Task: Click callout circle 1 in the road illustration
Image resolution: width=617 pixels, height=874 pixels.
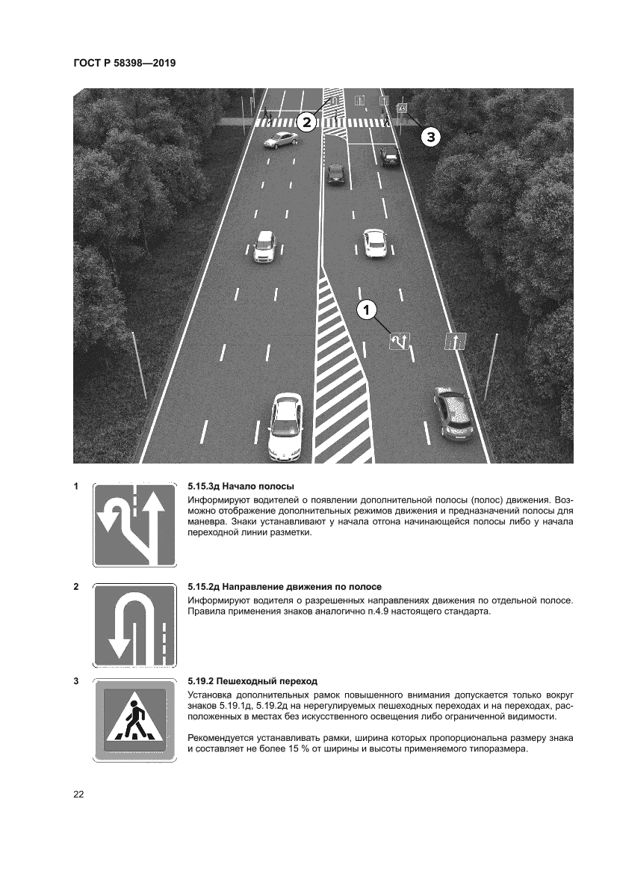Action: click(x=366, y=309)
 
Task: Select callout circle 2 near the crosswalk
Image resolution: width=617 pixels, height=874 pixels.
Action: click(x=306, y=122)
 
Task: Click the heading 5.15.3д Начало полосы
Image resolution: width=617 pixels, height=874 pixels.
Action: click(x=241, y=486)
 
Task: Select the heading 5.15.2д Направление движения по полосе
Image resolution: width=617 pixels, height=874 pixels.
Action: click(x=290, y=587)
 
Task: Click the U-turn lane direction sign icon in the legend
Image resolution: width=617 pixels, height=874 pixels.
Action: click(x=134, y=625)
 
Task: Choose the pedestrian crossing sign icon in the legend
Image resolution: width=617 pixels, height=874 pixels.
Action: click(x=134, y=719)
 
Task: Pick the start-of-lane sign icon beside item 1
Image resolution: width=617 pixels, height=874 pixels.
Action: click(x=134, y=526)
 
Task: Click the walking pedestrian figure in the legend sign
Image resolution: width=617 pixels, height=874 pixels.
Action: click(x=134, y=718)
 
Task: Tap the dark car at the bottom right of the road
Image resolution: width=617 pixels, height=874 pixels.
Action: click(x=453, y=412)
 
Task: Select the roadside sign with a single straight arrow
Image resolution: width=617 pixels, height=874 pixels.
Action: click(x=456, y=342)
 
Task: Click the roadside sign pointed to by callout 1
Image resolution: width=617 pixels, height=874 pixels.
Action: click(x=400, y=342)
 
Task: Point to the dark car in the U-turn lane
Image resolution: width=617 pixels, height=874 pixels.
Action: click(x=336, y=174)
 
